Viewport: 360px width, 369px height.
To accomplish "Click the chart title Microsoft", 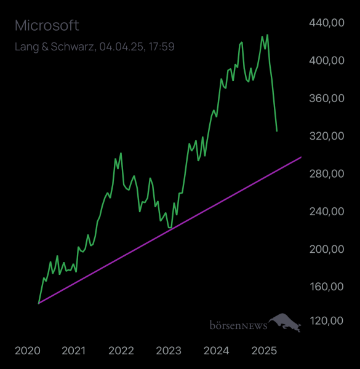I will [x=47, y=26].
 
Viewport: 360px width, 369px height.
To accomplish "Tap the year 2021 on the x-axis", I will [x=74, y=351].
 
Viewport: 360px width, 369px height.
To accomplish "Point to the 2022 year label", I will [x=121, y=351].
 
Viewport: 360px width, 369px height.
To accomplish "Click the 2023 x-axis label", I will [x=169, y=351].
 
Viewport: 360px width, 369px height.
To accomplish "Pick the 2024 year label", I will [x=216, y=351].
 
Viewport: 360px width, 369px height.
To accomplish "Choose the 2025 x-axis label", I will [x=263, y=351].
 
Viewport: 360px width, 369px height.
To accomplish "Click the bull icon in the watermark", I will [x=285, y=322].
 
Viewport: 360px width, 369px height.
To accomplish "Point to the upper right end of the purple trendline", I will [x=301, y=157].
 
